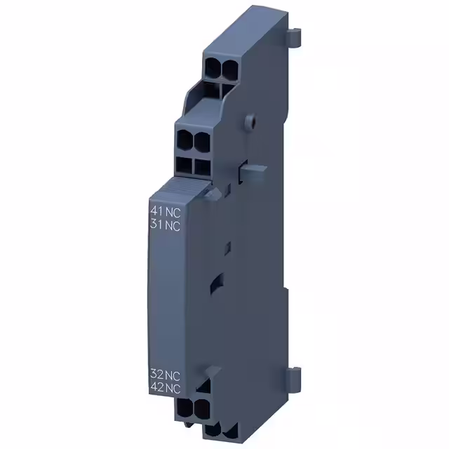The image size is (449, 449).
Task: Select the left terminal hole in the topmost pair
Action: pos(213,68)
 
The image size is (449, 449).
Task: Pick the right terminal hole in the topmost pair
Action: pos(229,68)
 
